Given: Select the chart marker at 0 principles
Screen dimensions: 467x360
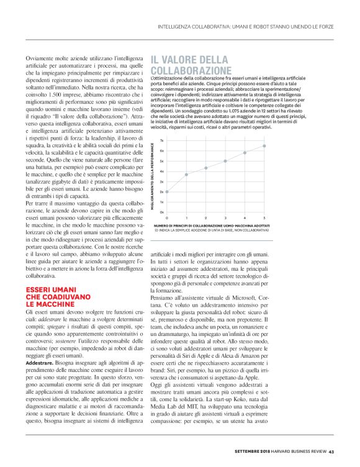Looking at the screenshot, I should [168, 191].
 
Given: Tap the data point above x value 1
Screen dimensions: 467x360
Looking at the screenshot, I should [187, 175].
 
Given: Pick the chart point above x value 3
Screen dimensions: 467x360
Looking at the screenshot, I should [226, 160].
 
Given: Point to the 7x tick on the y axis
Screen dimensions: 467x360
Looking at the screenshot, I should [162, 140].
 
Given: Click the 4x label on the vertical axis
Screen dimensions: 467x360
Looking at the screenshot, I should [162, 171].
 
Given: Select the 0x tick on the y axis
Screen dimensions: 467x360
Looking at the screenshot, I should [162, 212].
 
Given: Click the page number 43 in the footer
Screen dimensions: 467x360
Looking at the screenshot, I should [332, 451].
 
